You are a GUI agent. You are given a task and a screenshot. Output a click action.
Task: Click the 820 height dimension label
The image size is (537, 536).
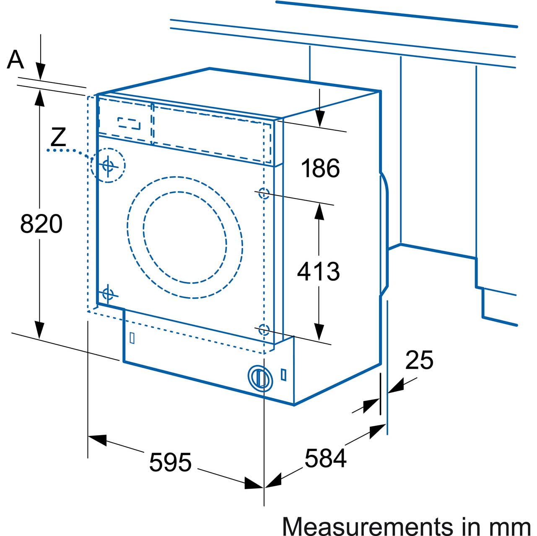point(41,224)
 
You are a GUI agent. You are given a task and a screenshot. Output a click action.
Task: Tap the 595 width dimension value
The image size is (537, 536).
point(170,462)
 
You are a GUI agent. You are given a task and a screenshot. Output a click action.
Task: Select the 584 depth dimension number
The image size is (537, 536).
point(325,458)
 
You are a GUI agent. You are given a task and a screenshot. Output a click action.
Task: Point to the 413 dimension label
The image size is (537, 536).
point(318,271)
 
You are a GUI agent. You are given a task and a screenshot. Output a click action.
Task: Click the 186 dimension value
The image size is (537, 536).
point(320,168)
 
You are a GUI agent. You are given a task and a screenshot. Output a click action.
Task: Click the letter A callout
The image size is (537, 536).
point(16,59)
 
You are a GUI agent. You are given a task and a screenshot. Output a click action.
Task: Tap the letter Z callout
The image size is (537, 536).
point(58,137)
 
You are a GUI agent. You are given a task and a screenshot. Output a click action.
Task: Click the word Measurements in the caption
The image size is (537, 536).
point(361,526)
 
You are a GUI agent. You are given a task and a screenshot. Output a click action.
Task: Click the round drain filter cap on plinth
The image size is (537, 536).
point(261,378)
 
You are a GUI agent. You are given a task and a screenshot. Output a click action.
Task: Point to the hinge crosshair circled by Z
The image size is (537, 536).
point(108,165)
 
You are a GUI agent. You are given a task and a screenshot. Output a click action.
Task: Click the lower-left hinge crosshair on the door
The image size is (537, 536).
point(108,294)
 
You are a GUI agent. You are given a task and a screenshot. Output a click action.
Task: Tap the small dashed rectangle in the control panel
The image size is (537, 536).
point(129,123)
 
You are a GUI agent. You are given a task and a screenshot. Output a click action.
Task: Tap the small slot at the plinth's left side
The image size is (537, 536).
point(132,338)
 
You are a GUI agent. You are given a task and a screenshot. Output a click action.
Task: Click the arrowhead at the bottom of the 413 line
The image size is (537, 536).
point(319,332)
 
